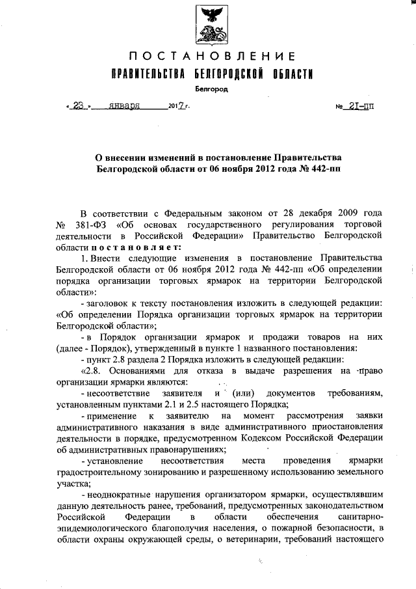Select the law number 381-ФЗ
(90, 225)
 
